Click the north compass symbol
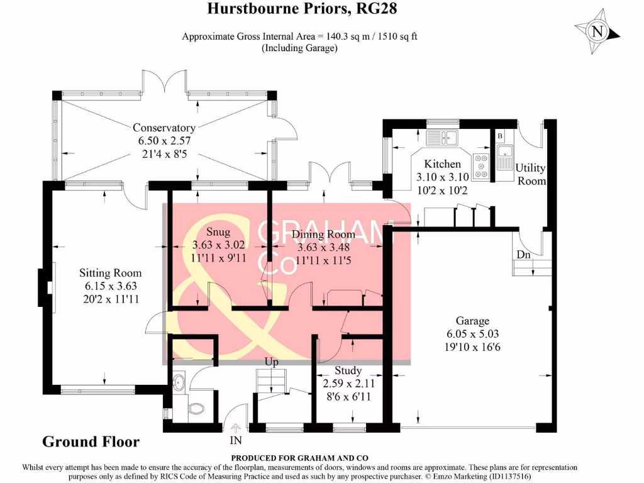point(597,31)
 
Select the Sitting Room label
point(110,273)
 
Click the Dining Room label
point(323,235)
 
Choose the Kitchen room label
point(443,164)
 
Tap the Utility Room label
point(530,174)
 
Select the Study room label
point(348,370)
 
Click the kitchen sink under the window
point(443,137)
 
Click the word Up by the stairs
point(271,364)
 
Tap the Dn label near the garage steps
point(524,255)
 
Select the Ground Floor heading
point(91,441)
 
